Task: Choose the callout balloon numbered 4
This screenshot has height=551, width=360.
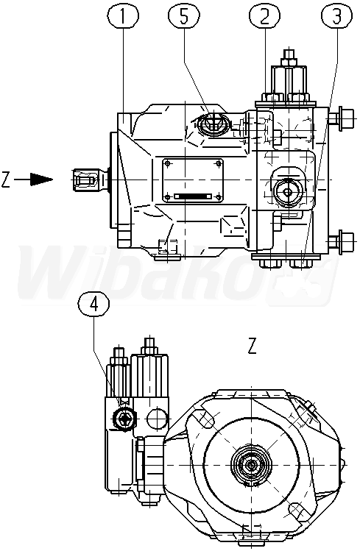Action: point(94,305)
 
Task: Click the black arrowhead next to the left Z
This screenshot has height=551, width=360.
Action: point(41,179)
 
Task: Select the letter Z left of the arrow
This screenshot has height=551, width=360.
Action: point(5,179)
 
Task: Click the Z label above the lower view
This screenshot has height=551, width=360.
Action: point(252,346)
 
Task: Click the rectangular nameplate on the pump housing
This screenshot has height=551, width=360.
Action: point(192,180)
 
